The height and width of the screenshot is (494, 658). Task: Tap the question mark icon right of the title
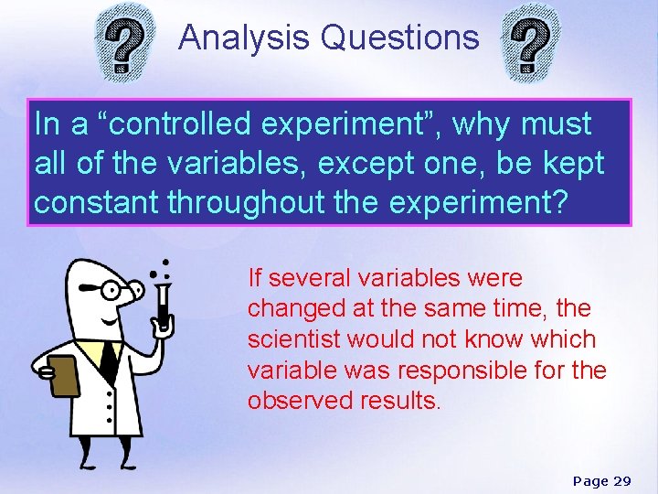532,47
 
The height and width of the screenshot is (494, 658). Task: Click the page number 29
622,481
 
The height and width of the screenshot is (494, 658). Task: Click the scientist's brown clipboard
62,374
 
